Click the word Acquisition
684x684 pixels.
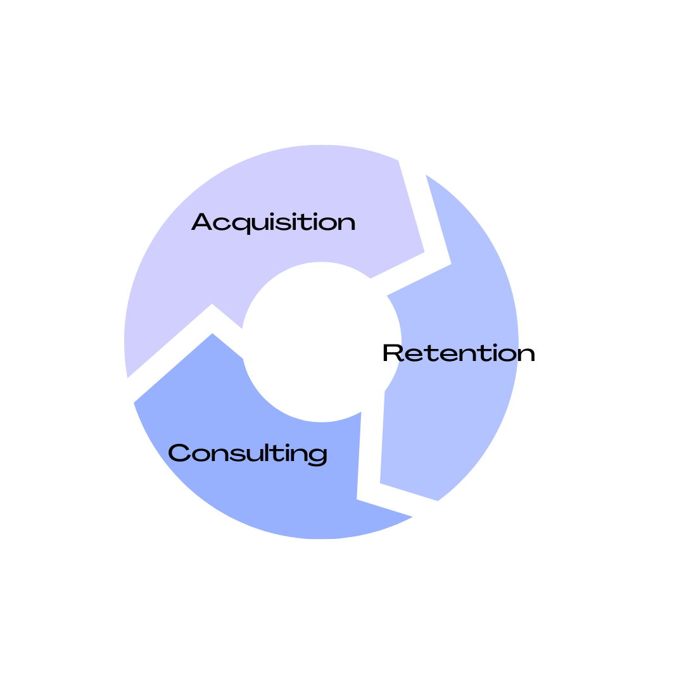(x=274, y=223)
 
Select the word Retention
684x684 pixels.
(x=459, y=353)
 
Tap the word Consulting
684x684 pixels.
(x=248, y=453)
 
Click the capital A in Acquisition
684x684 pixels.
(x=201, y=222)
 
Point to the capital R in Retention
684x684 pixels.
(x=393, y=353)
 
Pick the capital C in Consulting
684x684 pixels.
(x=179, y=453)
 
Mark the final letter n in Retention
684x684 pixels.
(x=526, y=355)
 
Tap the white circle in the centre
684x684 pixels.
(x=322, y=342)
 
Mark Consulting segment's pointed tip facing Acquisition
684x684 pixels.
(x=213, y=334)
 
